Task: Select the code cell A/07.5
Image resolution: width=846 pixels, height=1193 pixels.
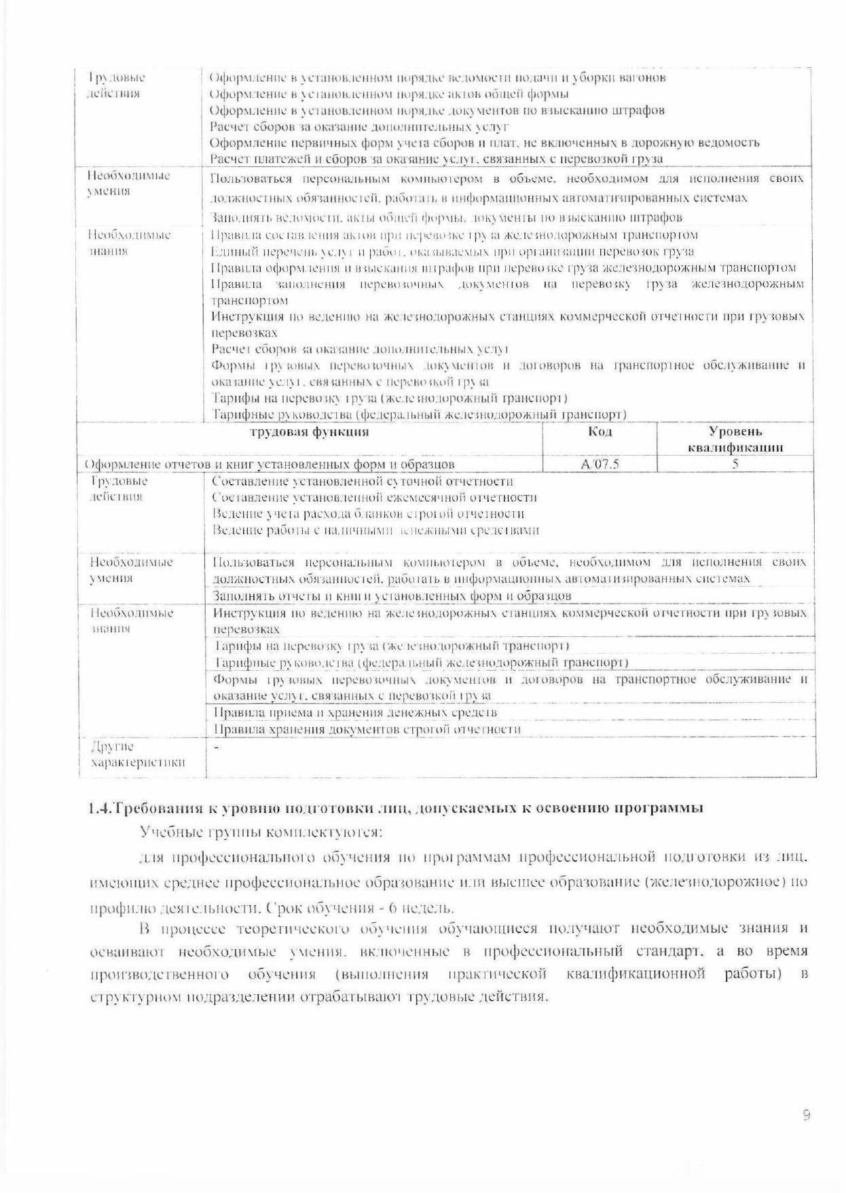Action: pos(601,464)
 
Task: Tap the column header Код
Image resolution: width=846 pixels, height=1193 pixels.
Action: pos(600,432)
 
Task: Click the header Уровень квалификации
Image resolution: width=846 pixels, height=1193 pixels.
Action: pos(735,439)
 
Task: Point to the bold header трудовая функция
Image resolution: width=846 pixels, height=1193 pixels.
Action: pos(310,432)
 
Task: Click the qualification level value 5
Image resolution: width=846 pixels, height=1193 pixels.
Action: pos(735,464)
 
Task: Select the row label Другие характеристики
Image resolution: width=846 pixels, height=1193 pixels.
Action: pos(137,754)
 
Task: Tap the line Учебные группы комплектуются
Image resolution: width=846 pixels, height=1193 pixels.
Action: pos(261,832)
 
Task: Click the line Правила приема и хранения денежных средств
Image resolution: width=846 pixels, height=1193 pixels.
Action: pos(355,712)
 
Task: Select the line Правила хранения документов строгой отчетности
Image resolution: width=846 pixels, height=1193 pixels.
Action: pos(367,729)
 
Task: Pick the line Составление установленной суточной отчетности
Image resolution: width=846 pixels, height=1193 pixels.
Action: pos(363,481)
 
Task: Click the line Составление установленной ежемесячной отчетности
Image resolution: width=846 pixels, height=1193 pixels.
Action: pos(374,498)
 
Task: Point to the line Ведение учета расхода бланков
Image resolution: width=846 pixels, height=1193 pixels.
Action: pos(368,514)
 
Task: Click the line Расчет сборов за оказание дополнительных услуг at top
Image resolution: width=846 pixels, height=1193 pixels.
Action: pos(360,126)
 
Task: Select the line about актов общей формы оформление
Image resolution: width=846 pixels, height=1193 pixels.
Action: pos(389,94)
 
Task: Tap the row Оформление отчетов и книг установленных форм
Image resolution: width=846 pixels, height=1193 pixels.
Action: pos(270,464)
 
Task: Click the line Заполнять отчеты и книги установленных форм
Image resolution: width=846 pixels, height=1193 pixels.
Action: pos(392,596)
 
